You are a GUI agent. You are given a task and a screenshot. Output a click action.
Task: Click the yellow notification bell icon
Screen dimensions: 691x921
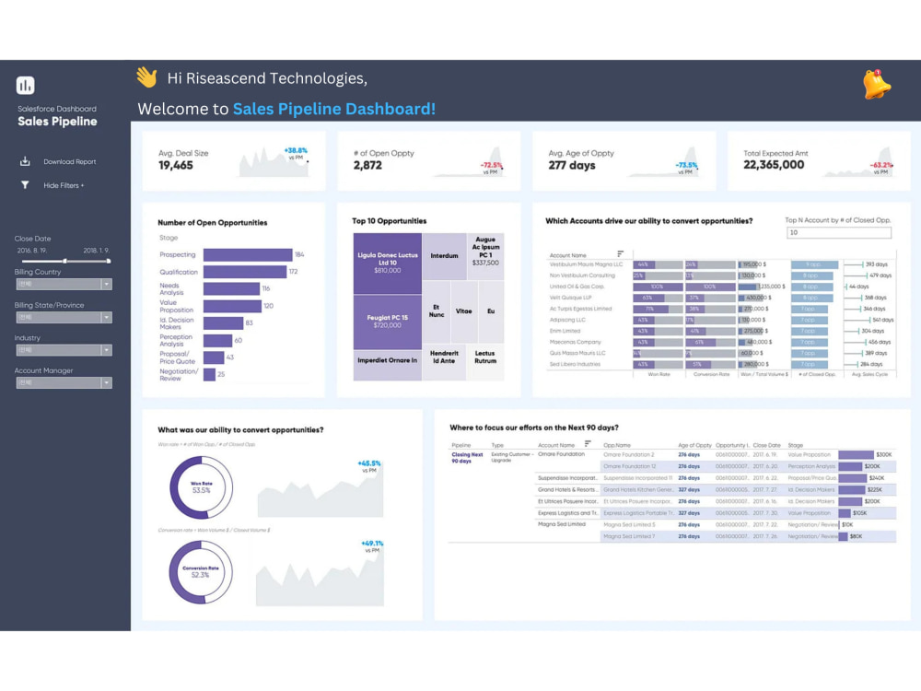click(x=876, y=85)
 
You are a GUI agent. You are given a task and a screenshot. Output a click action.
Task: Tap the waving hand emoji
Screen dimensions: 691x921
click(x=146, y=77)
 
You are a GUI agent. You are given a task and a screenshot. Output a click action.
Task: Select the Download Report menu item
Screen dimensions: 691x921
click(x=69, y=162)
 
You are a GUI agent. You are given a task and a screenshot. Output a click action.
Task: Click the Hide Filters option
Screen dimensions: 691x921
click(x=64, y=185)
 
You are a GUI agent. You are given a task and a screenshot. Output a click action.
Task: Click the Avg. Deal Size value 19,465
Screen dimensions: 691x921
click(x=176, y=166)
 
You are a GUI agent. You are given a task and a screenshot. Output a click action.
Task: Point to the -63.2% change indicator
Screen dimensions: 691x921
click(x=881, y=165)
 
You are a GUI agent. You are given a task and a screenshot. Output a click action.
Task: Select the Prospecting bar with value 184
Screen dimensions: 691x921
click(x=247, y=255)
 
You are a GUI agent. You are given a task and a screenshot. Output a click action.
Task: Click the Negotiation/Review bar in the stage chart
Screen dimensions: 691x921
click(x=209, y=374)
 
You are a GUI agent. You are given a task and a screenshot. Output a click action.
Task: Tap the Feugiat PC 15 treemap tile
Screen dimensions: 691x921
click(x=387, y=321)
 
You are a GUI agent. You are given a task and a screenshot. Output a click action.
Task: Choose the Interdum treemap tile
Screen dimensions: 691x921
click(x=444, y=256)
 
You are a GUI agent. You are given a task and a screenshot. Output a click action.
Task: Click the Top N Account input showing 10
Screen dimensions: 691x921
click(x=838, y=233)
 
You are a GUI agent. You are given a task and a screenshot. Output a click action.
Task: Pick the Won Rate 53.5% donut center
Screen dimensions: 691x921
click(x=201, y=486)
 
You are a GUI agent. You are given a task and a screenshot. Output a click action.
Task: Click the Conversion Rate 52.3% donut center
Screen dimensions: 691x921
click(x=201, y=573)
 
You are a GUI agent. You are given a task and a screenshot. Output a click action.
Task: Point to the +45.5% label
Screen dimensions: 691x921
click(x=369, y=463)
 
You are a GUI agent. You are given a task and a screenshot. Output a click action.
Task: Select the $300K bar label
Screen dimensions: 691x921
click(x=883, y=455)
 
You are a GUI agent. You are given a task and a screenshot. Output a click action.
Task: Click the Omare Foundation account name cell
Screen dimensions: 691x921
click(x=562, y=455)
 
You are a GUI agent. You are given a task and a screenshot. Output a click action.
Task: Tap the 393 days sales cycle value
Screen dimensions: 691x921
click(x=876, y=264)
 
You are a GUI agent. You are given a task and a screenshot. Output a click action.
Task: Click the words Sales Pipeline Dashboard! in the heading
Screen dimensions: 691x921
click(x=333, y=110)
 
